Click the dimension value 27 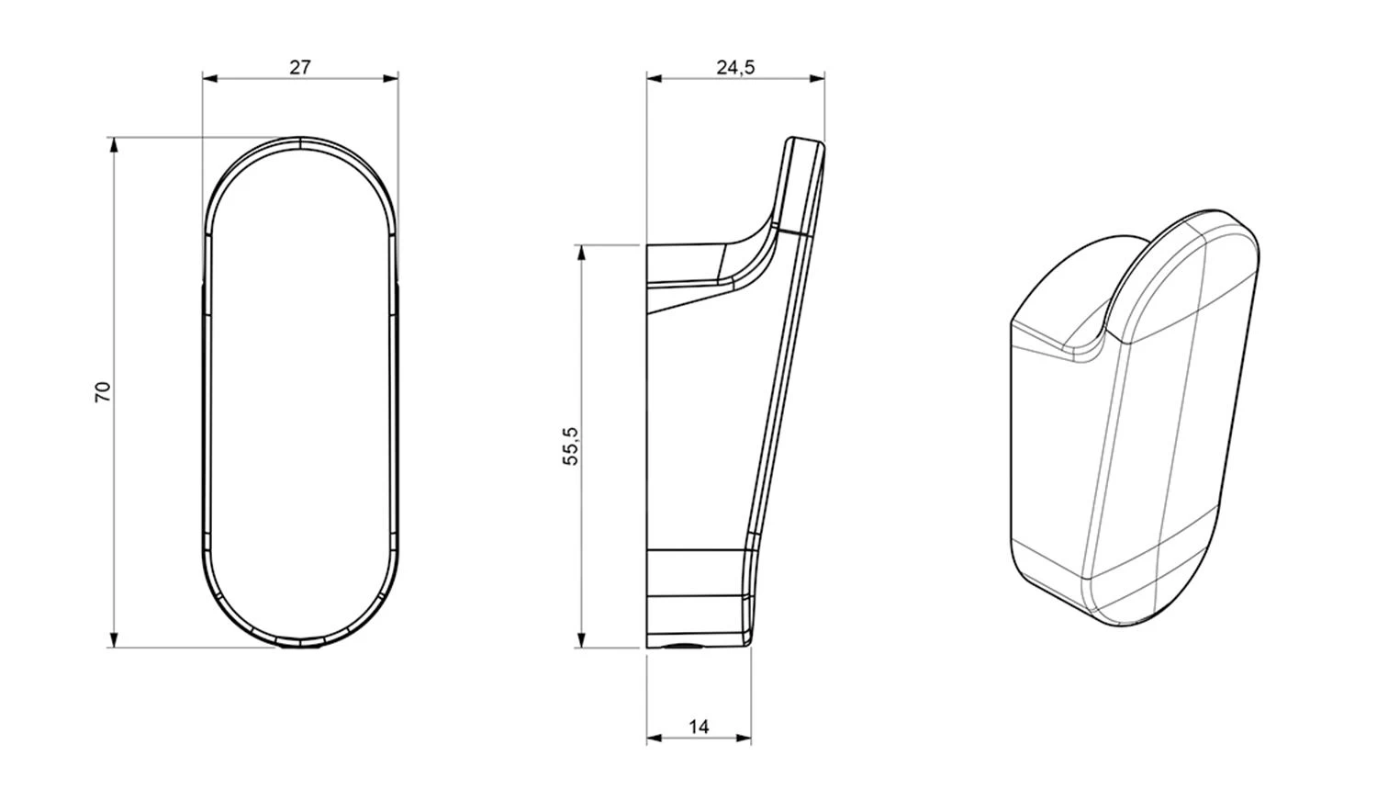300,67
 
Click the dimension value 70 103,392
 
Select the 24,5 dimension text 735,67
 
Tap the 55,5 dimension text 571,446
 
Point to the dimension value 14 699,728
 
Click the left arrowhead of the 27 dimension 210,78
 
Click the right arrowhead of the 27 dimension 390,78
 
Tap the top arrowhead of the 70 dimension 114,145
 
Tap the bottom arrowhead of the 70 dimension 114,639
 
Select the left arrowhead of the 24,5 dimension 654,78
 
